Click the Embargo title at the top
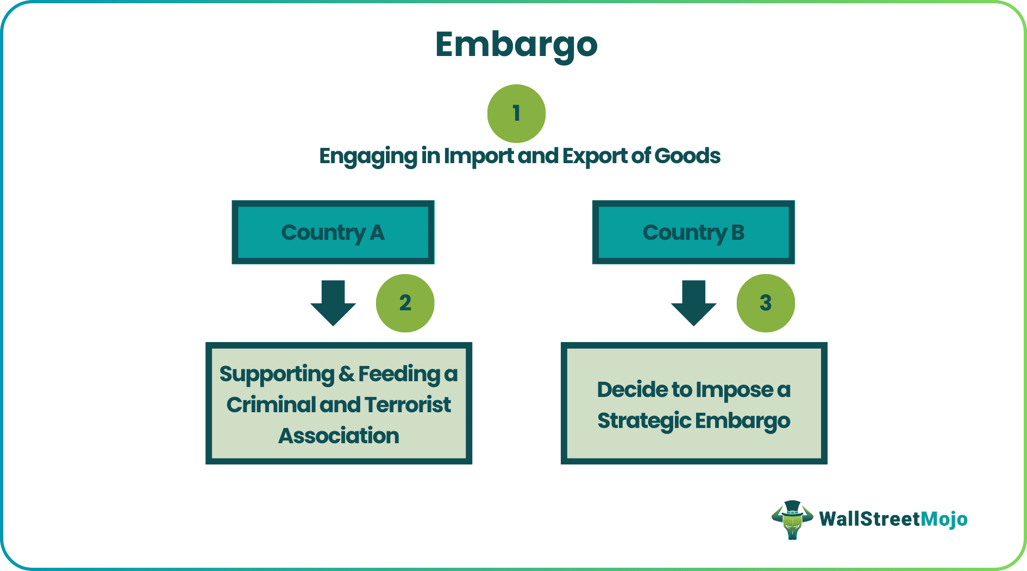tap(516, 45)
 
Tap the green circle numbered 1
tap(516, 113)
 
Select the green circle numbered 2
tap(405, 303)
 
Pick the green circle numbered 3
tap(766, 303)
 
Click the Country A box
tap(333, 232)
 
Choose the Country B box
tap(693, 232)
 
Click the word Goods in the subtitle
tap(687, 156)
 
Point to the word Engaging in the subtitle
tap(367, 157)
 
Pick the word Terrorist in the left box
tap(408, 405)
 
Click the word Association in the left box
tap(339, 436)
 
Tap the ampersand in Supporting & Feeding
tap(346, 374)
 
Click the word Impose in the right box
tap(734, 390)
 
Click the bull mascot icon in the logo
tap(792, 519)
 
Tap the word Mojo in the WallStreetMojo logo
tap(944, 519)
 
